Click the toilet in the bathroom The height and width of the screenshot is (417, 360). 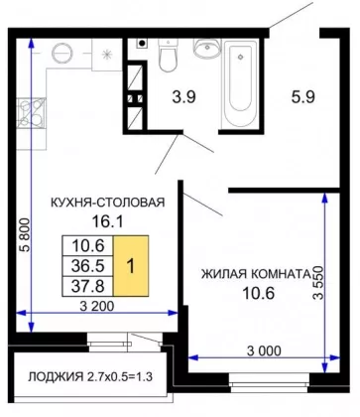point(169,55)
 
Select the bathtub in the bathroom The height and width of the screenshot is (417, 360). point(240,83)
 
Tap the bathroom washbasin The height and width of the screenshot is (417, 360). point(207,47)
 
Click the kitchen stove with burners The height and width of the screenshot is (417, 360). point(32,113)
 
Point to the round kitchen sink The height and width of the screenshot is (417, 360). point(61,53)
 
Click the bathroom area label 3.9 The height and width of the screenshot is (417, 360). point(184,97)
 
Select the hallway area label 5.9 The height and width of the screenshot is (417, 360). point(302,97)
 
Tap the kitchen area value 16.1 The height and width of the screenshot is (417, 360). point(107,221)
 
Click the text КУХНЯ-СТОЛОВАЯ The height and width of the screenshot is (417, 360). point(108,203)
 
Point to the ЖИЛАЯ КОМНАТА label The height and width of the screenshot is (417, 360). point(256,274)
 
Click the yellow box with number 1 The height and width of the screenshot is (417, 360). point(131,266)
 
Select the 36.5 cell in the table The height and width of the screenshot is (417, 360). point(88,266)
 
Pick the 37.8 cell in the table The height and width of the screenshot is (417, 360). point(88,286)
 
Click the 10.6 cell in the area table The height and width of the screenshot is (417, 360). point(88,245)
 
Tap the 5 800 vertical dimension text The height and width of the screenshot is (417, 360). point(26,235)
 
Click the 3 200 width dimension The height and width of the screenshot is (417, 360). point(97,306)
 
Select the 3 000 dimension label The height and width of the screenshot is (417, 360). point(264,350)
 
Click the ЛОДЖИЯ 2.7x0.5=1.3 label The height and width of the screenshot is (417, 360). point(90,377)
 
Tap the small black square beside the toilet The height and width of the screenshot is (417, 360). point(142,43)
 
